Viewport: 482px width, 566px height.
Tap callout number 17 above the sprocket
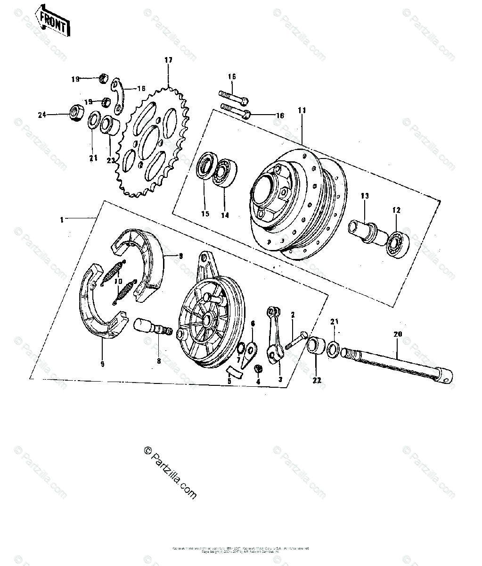[x=168, y=60]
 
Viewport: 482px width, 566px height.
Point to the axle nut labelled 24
[x=76, y=113]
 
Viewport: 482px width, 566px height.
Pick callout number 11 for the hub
[x=302, y=110]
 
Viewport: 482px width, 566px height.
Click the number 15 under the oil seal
[x=205, y=215]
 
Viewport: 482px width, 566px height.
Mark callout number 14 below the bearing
[x=225, y=216]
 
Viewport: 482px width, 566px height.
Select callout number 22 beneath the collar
[x=316, y=381]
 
